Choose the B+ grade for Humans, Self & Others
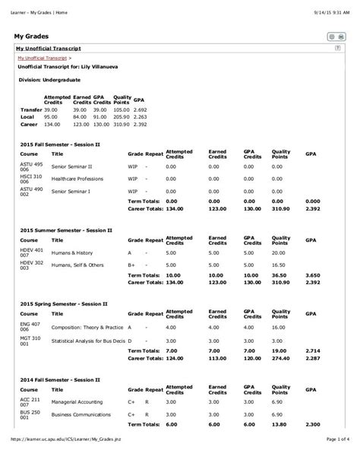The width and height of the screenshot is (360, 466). pos(131,265)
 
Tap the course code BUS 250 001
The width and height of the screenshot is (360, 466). pos(29,417)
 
